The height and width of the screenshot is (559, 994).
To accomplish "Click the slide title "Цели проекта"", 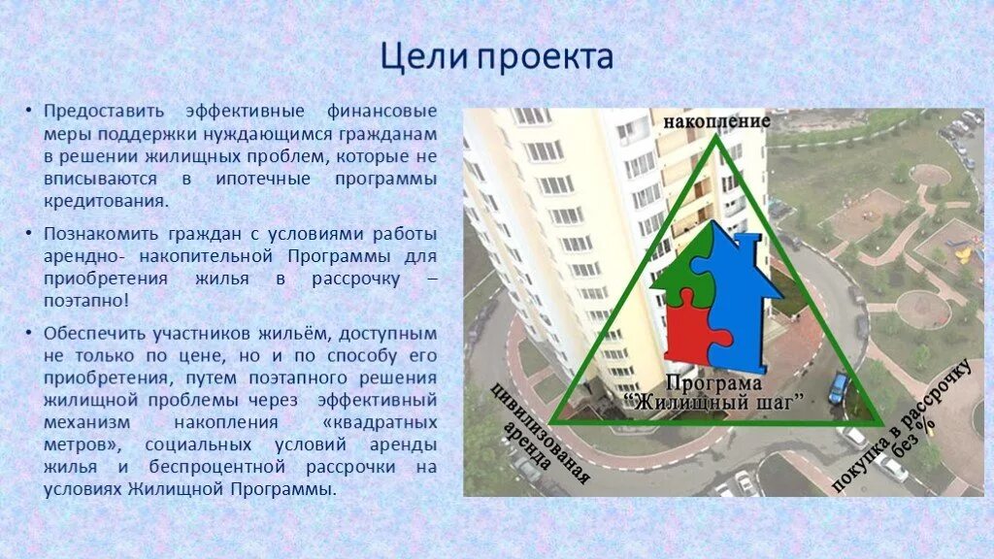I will (496, 56).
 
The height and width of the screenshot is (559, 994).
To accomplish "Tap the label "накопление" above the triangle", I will (716, 122).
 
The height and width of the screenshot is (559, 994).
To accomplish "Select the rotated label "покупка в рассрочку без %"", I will (903, 425).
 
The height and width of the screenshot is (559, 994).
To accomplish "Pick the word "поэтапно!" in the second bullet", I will (85, 300).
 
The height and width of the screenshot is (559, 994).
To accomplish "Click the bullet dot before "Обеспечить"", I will (31, 333).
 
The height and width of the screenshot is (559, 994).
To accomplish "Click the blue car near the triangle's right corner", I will (838, 389).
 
